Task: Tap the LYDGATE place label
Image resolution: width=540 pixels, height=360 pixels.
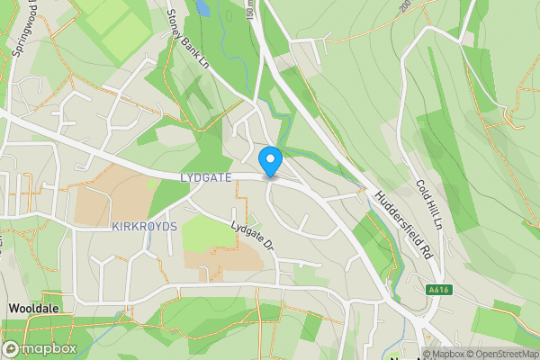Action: point(206,178)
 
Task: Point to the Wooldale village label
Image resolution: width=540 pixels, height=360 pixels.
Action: point(34,308)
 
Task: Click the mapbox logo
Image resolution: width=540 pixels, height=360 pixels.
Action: point(40,348)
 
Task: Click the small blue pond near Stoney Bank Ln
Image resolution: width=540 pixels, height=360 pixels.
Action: point(204,9)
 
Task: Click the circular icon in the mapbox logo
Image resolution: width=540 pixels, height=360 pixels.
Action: point(12,348)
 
